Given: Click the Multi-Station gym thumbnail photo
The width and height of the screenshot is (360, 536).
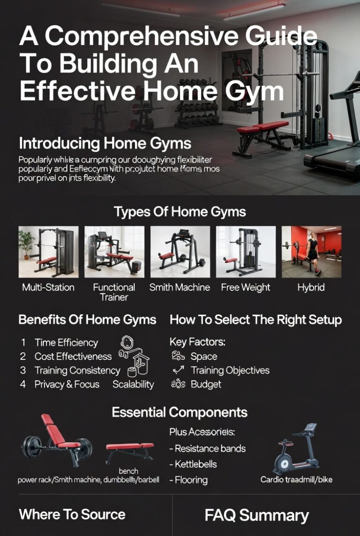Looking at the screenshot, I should click(48, 252).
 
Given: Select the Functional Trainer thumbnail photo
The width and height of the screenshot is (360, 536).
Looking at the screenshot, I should click(114, 252).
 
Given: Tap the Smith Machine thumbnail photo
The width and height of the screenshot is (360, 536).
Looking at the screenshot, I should click(180, 252).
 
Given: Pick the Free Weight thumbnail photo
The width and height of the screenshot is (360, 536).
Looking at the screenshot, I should click(246, 252).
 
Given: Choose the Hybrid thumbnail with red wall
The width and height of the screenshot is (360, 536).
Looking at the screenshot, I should click(311, 252).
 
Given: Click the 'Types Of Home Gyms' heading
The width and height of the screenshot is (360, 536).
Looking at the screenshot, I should click(180, 212).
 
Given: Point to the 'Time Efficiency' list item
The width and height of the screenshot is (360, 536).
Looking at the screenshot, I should click(66, 342).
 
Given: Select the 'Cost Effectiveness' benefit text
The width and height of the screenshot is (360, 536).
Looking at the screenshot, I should click(73, 357).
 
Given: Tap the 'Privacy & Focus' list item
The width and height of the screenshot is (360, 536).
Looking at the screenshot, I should click(67, 385).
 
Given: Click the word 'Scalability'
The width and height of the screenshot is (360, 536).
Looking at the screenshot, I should click(133, 385).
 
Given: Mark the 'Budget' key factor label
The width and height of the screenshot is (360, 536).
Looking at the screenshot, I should click(206, 385).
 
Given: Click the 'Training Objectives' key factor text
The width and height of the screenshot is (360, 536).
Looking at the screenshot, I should click(230, 371).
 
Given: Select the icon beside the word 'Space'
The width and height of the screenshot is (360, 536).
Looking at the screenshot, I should click(178, 357).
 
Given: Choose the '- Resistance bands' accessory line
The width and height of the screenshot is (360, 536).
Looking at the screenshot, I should click(207, 448).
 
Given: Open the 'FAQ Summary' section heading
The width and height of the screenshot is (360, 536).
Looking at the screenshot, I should click(257, 516).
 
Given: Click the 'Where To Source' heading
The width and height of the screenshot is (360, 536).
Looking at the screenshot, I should click(72, 514).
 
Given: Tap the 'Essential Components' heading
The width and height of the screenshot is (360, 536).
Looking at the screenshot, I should click(180, 413).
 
